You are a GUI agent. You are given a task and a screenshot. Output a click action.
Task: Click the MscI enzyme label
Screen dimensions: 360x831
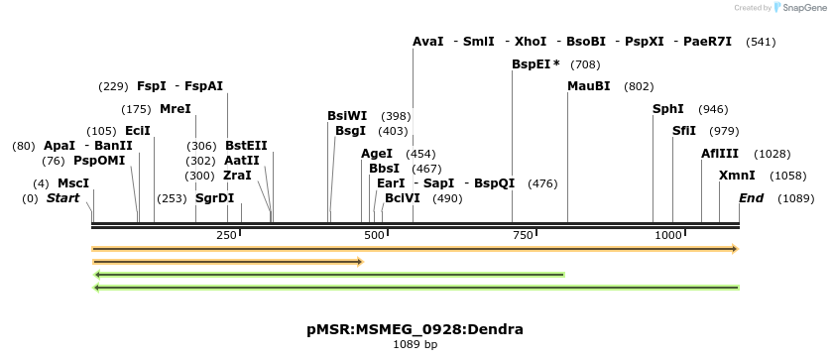73,183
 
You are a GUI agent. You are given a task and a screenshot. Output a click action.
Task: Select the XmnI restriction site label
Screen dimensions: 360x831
736,176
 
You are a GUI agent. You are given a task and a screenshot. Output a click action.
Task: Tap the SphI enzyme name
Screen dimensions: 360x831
667,109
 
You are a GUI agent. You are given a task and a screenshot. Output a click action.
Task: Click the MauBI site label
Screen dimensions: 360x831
588,86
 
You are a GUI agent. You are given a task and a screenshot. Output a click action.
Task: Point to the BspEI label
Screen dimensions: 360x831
532,64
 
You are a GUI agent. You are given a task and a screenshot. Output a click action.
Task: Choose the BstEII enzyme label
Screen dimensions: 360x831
246,146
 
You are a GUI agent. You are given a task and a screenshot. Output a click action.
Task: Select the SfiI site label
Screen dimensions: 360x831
683,131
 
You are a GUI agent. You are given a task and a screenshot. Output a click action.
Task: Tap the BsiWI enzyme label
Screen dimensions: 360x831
347,116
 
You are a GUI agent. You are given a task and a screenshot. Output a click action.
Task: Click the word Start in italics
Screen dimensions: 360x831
62,198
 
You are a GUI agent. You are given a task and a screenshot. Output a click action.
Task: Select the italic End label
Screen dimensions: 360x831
751,198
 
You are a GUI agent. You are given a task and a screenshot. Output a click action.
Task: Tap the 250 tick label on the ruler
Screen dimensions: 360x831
225,235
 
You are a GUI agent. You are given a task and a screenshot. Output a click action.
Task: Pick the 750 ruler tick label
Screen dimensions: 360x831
521,235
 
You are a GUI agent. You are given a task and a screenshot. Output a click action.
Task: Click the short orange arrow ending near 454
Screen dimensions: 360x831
227,262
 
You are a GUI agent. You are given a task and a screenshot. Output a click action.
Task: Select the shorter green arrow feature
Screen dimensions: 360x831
328,275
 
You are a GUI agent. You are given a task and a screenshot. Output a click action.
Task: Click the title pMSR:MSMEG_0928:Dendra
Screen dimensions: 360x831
415,329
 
